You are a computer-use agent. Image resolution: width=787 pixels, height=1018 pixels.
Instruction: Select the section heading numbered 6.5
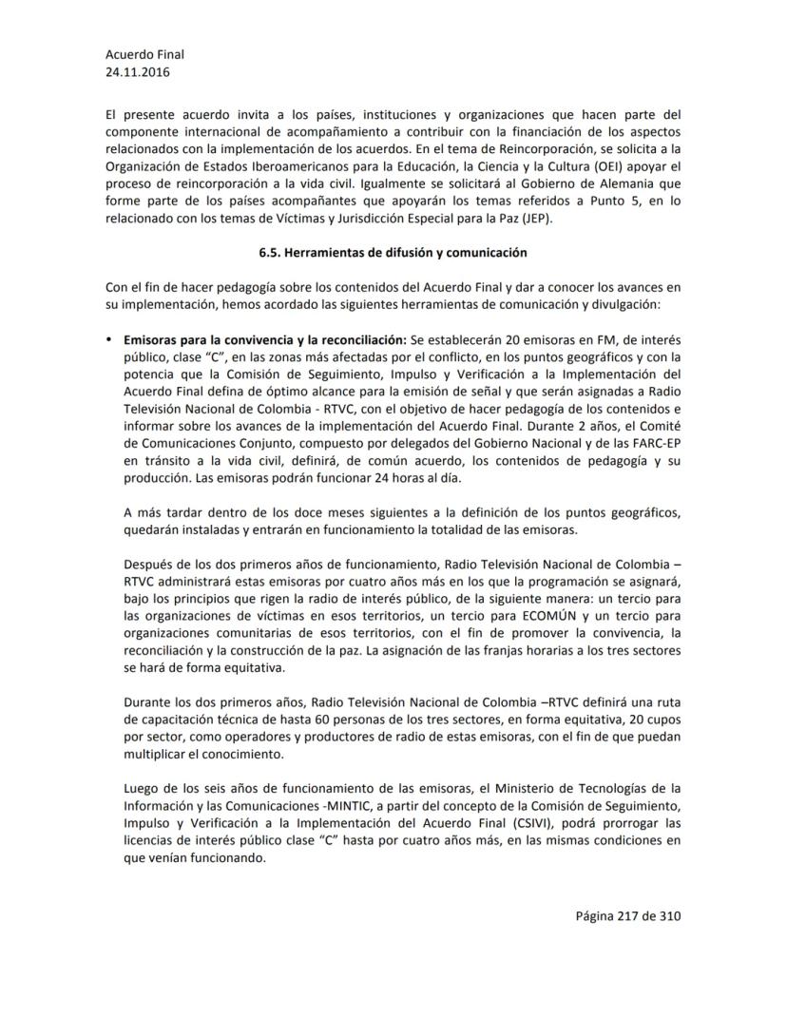point(393,253)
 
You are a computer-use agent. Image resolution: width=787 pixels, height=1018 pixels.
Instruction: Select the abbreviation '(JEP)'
point(542,220)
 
